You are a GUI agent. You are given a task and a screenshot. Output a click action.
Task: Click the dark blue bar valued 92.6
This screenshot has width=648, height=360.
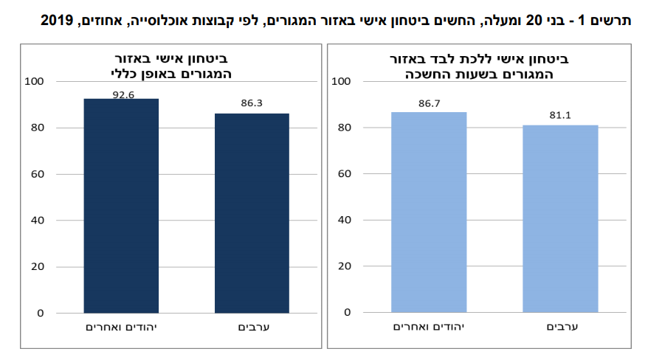click(121, 206)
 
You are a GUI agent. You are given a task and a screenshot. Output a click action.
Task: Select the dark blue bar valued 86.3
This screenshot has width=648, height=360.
click(252, 213)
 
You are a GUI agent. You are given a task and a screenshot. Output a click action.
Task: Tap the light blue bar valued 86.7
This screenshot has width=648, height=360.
click(429, 212)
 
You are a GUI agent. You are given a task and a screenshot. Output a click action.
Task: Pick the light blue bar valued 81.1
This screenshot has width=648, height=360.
click(560, 219)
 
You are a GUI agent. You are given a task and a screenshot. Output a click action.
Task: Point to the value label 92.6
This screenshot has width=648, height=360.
click(121, 94)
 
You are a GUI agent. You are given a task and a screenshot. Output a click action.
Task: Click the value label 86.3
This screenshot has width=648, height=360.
click(252, 104)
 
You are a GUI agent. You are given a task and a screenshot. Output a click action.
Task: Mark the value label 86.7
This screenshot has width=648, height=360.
click(429, 103)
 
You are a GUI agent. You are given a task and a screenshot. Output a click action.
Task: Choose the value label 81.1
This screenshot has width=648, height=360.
click(560, 116)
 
